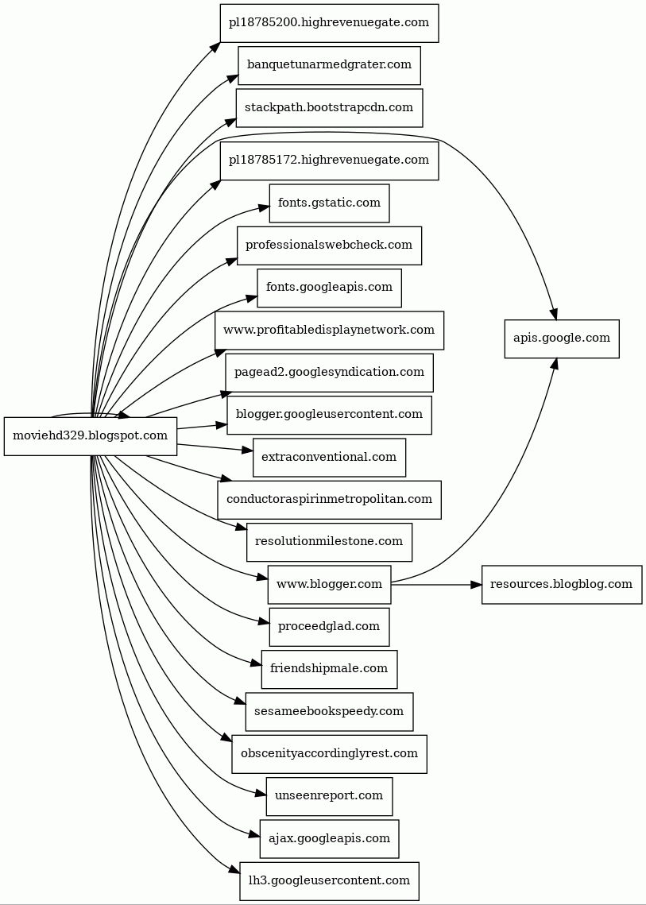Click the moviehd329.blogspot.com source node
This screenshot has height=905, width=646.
coord(90,435)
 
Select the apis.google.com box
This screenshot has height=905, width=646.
coord(561,338)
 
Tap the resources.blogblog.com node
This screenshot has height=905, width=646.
coord(561,585)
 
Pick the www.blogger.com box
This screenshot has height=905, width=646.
coord(329,585)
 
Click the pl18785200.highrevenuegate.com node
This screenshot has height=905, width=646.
coord(329,22)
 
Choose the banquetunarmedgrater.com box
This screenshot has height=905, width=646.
coord(329,64)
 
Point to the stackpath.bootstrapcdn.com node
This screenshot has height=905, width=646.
coord(329,107)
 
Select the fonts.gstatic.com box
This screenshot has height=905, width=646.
coord(329,203)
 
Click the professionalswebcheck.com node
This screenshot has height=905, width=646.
coord(329,246)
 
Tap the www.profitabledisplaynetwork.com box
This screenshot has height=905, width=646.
coord(329,330)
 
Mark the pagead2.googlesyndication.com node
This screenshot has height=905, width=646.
coord(329,373)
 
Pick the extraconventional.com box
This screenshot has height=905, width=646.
coord(329,457)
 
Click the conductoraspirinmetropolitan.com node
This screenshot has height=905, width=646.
coord(329,500)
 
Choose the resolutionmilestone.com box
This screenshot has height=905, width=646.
coord(329,542)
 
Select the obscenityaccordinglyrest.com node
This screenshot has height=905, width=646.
coord(329,754)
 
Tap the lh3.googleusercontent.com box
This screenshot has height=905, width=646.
coord(329,881)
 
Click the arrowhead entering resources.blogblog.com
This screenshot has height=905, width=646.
coord(476,585)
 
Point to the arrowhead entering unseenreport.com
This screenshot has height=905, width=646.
coord(260,793)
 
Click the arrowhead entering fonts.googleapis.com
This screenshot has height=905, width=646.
coord(251,298)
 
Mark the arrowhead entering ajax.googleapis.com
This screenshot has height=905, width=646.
coord(254,833)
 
